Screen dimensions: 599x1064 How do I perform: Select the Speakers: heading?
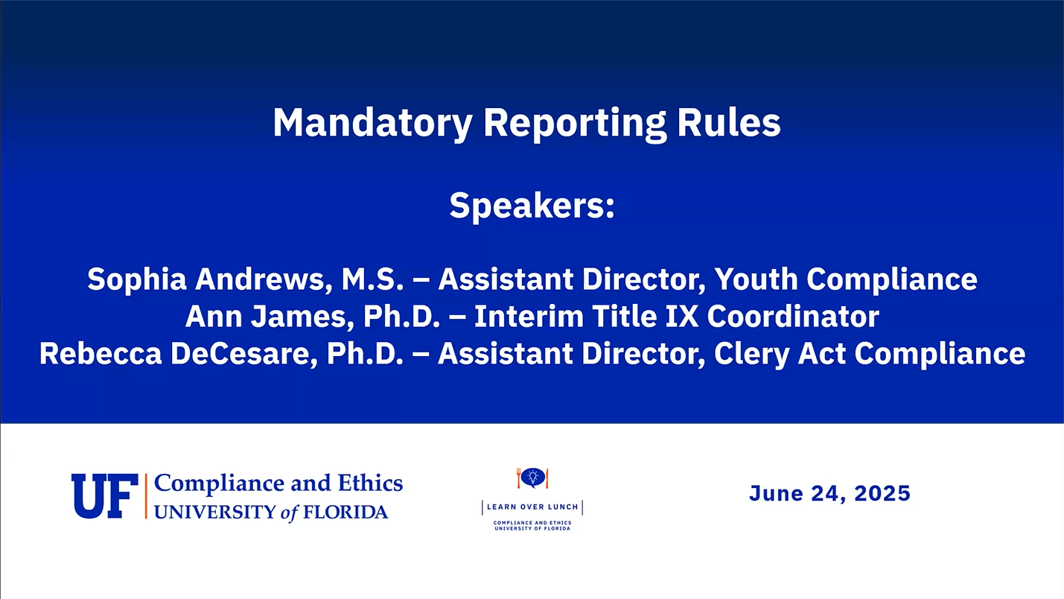coord(532,206)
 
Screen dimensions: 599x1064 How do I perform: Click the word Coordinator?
coord(793,317)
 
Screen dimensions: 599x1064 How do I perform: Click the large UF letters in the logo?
coord(105,496)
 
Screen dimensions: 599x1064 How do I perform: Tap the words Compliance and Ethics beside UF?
coord(278,484)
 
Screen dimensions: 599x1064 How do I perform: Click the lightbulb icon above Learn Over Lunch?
coord(532,478)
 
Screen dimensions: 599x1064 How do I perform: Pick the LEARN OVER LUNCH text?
coord(532,507)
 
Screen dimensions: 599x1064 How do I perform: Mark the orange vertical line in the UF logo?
coord(146,496)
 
